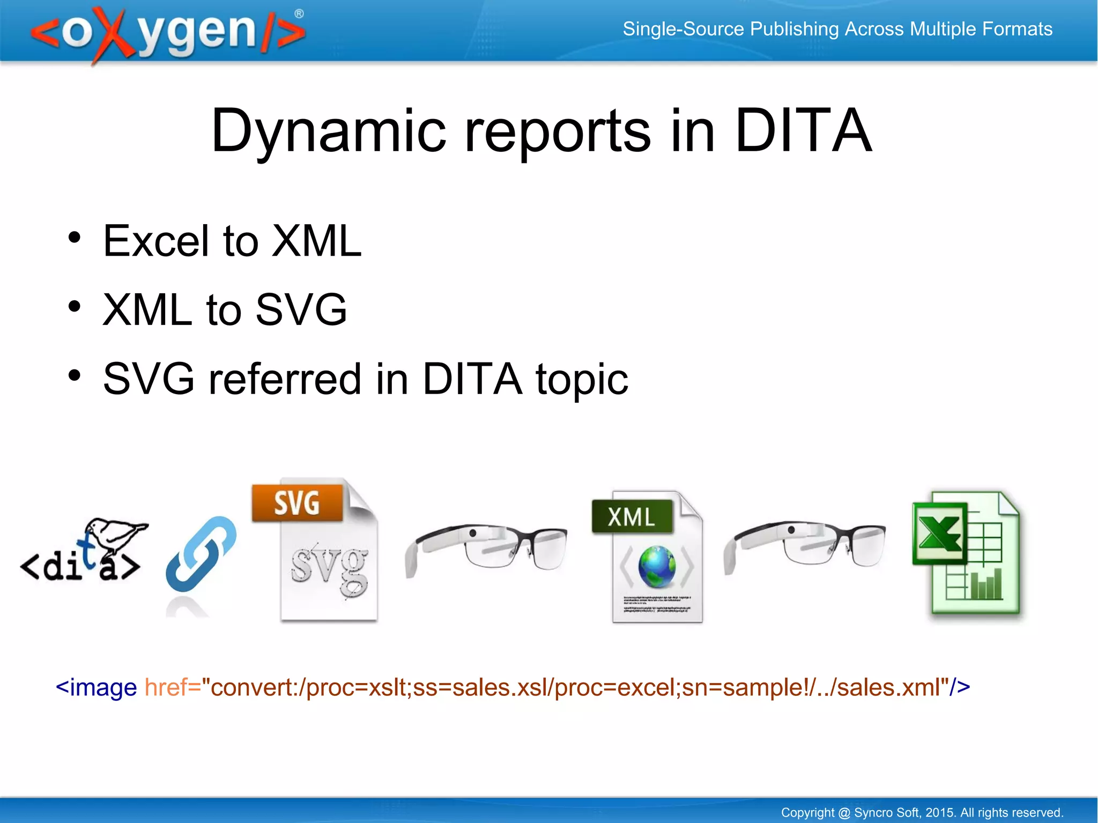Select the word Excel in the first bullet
[156, 241]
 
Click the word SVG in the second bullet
[301, 310]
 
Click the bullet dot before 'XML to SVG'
[75, 307]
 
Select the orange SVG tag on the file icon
[297, 503]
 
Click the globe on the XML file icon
[657, 567]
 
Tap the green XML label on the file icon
[632, 517]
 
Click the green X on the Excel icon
[940, 533]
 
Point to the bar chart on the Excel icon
[986, 584]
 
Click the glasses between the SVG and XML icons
[485, 547]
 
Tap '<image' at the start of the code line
[97, 687]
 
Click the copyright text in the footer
[922, 812]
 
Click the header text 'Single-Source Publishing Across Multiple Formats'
[837, 29]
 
